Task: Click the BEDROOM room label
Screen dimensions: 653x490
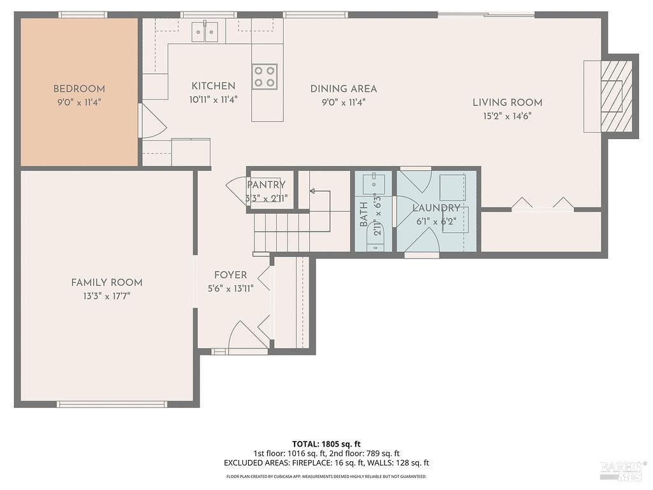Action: tap(79, 89)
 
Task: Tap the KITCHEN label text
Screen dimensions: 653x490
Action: tap(213, 86)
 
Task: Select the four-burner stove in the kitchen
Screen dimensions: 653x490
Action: tap(265, 77)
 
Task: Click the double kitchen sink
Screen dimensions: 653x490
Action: tap(205, 32)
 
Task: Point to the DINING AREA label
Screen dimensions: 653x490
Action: tap(344, 89)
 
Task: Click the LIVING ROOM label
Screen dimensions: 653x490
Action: tap(507, 103)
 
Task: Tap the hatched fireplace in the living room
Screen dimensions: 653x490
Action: tap(617, 96)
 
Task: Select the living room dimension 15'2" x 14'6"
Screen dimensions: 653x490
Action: tap(507, 116)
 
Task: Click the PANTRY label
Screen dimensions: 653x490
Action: tap(267, 184)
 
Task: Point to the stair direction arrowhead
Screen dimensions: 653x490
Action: tap(312, 191)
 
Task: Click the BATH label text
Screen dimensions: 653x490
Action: tap(363, 214)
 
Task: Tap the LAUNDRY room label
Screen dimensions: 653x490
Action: tap(436, 208)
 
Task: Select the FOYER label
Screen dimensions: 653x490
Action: tap(230, 275)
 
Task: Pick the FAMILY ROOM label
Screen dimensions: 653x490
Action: tap(106, 283)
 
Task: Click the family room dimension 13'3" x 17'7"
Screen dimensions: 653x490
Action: tap(106, 296)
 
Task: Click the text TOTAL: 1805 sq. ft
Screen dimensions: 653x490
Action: tap(326, 444)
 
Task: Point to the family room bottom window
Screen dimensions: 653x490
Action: tap(112, 404)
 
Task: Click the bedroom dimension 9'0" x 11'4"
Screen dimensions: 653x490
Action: tap(79, 102)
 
